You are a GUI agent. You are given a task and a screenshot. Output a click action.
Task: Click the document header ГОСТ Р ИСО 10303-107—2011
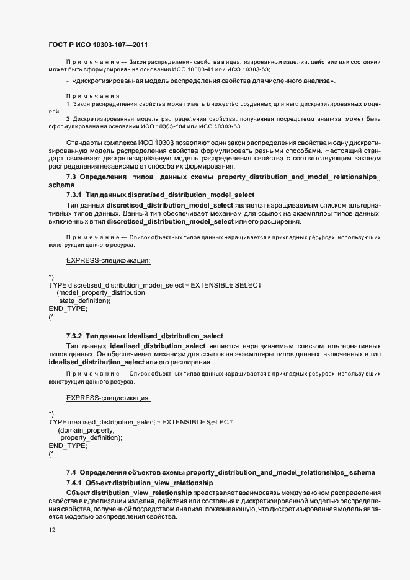97,45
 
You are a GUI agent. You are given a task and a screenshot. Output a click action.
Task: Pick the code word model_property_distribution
102,292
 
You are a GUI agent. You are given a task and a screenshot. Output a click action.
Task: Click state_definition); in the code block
84,301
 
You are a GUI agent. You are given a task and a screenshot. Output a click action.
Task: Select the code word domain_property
87,429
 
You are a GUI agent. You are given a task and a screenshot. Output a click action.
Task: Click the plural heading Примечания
92,96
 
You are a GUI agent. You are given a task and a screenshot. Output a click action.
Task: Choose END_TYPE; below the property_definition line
68,446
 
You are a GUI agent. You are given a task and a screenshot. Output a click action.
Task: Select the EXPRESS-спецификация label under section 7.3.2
109,397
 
